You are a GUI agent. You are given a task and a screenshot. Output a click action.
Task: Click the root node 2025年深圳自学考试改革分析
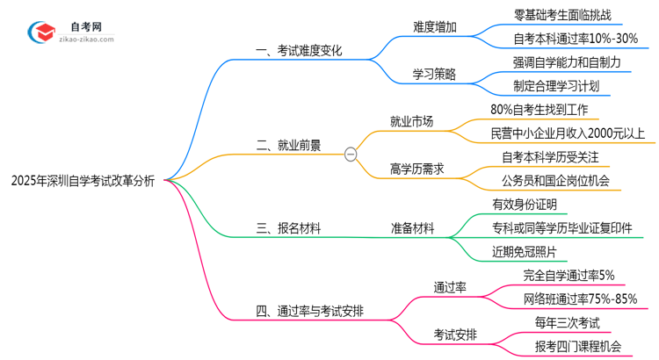(x=83, y=181)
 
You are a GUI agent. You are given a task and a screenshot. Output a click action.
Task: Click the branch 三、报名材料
(x=287, y=228)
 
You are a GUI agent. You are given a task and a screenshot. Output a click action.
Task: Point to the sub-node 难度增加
(x=435, y=25)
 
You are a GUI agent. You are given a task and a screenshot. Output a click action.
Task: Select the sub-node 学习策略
(x=435, y=74)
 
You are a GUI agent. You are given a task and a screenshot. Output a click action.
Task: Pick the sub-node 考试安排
(x=456, y=335)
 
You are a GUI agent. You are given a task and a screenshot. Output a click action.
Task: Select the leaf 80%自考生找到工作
(x=545, y=110)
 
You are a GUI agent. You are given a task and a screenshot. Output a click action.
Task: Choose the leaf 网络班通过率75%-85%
(x=579, y=299)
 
